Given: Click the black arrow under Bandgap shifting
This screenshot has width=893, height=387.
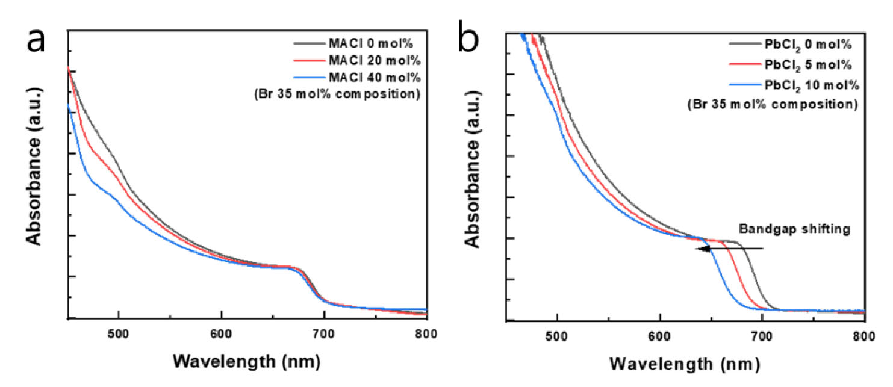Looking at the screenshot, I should click(x=729, y=249).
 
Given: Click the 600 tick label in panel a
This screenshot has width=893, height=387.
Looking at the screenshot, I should click(x=222, y=333).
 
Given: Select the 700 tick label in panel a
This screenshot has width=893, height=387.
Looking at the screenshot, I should click(x=324, y=333).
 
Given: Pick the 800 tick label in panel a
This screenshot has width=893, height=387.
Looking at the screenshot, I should click(x=424, y=333).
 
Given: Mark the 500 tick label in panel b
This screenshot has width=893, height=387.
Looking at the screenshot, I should click(x=558, y=335).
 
